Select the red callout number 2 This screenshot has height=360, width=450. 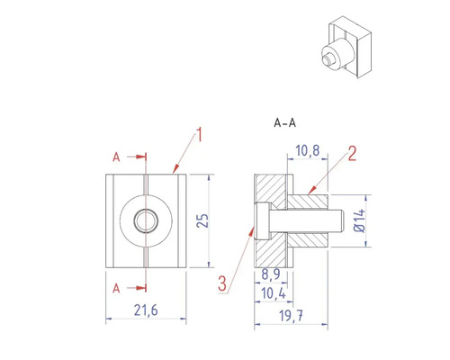[352, 154]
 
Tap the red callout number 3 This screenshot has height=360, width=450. [222, 285]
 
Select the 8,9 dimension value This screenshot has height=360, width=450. [270, 272]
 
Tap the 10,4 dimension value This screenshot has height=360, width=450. [271, 293]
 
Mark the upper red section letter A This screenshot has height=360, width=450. [116, 157]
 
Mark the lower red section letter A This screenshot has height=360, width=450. [116, 288]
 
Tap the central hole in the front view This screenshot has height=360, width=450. [144, 219]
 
